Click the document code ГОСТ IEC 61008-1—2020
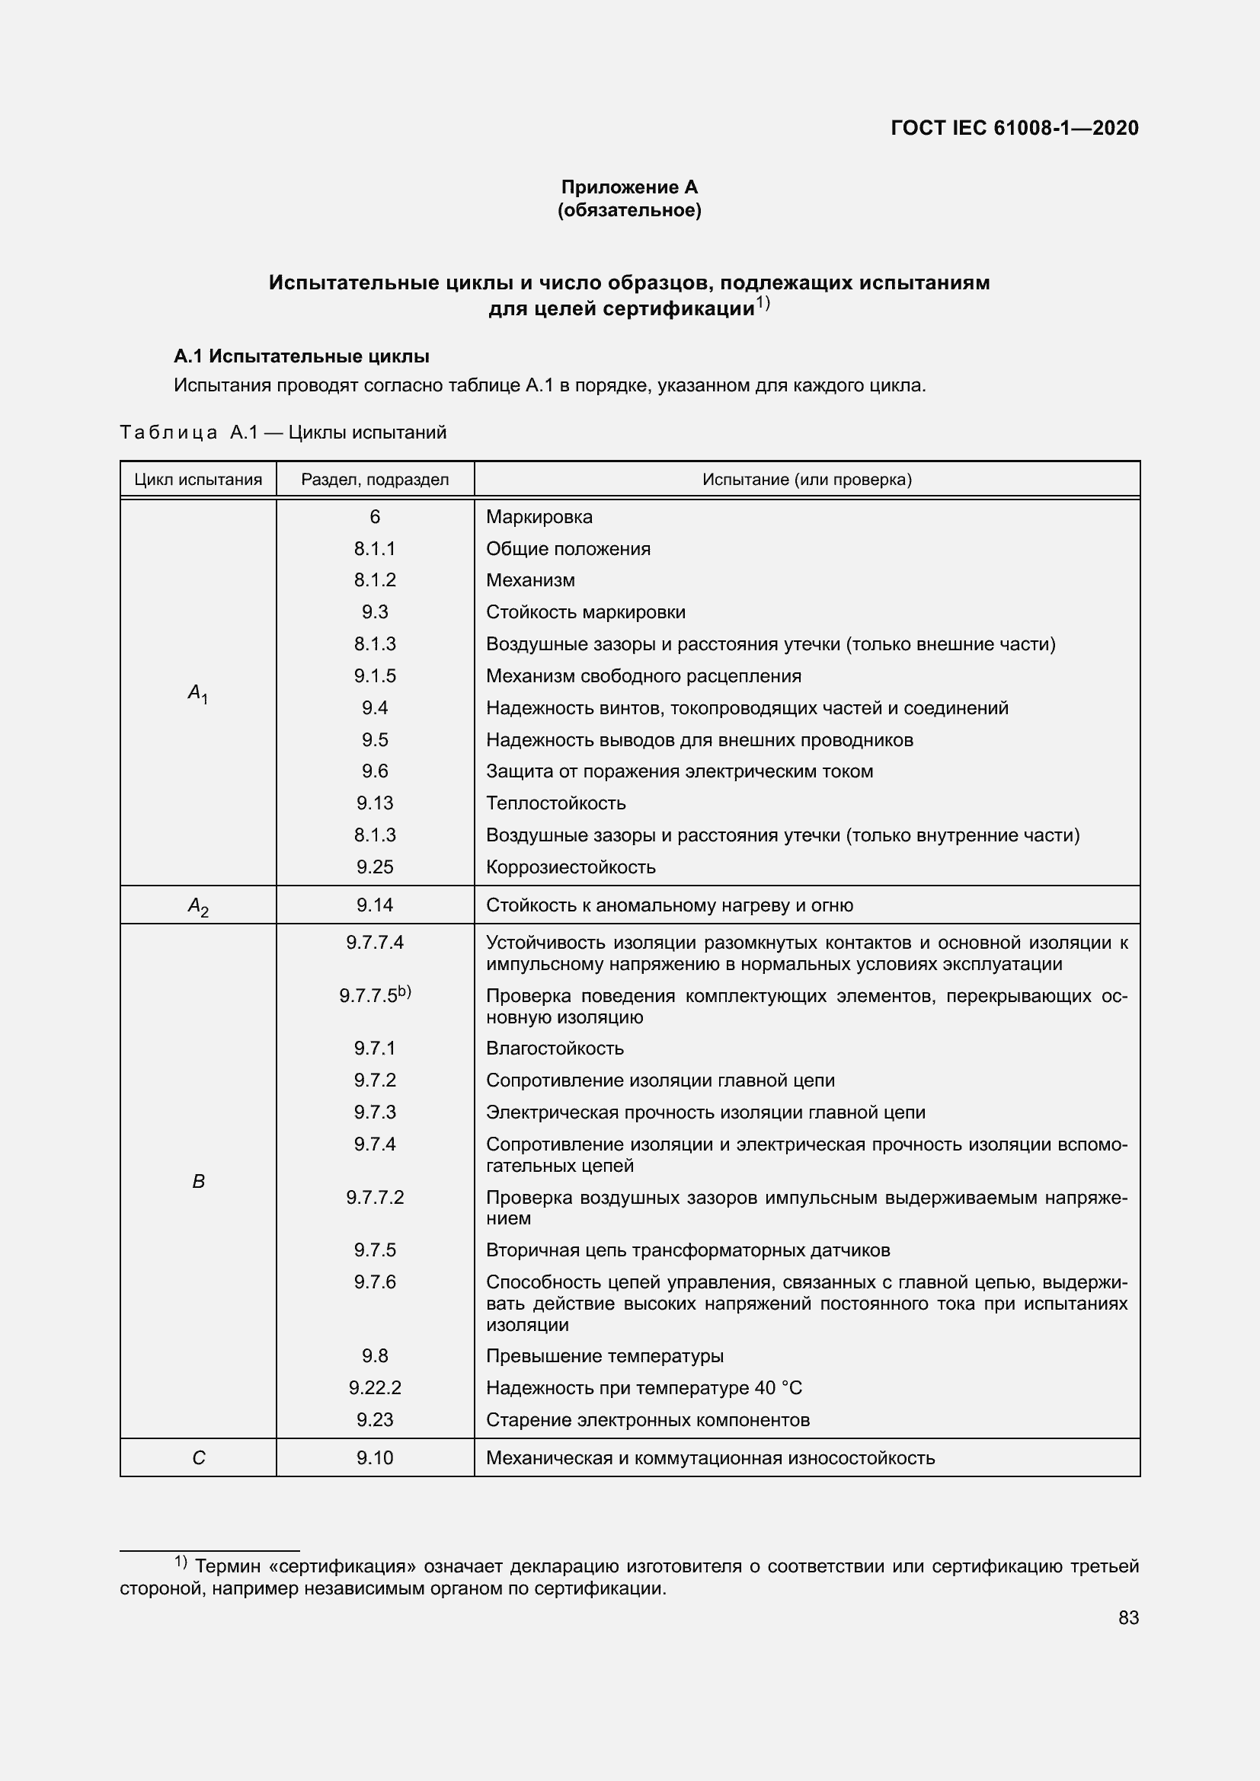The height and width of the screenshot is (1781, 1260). coord(1014,128)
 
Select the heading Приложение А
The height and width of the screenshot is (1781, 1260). coord(629,187)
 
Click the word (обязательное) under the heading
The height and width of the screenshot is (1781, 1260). coord(629,210)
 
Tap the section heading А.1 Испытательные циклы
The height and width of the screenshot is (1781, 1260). coord(301,357)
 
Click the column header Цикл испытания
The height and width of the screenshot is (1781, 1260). coord(198,480)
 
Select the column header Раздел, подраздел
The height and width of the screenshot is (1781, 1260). coord(375,480)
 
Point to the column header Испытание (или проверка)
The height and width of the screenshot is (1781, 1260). coord(807,480)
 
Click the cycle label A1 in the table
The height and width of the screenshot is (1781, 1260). coord(198,693)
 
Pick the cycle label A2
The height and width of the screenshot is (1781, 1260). coord(198,906)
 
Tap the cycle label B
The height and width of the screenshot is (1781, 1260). coord(198,1182)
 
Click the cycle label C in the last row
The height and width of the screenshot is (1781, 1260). coord(198,1458)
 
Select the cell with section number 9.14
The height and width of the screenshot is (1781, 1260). coord(375,905)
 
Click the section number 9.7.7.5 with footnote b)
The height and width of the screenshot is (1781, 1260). coord(375,995)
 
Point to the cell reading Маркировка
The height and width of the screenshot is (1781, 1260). coord(539,516)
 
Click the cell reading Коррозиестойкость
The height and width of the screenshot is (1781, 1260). coord(571,867)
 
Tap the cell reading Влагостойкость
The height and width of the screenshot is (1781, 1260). coord(555,1048)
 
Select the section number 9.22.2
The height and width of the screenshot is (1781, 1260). coord(375,1388)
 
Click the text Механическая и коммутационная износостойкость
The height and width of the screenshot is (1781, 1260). coord(710,1458)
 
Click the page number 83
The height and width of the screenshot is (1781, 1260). coord(1128,1617)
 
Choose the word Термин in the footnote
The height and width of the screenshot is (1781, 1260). coord(225,1566)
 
